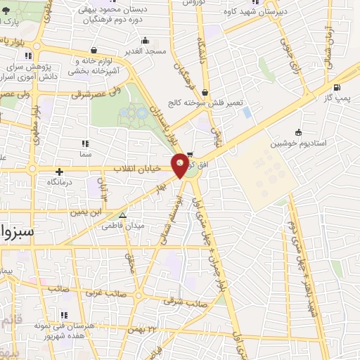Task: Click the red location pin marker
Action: (x=181, y=165)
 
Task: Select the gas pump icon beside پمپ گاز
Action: (x=337, y=88)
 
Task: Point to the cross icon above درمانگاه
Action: (x=59, y=171)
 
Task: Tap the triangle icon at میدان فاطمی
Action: (x=123, y=216)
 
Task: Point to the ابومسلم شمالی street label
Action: (x=175, y=211)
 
